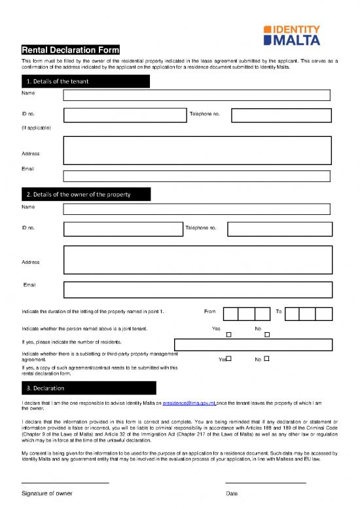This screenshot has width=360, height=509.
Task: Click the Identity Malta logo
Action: pyautogui.click(x=291, y=35)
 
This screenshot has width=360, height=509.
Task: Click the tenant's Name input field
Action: pyautogui.click(x=196, y=95)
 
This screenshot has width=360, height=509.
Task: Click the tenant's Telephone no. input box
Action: pyautogui.click(x=281, y=115)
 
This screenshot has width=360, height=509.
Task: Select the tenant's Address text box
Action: pyautogui.click(x=196, y=150)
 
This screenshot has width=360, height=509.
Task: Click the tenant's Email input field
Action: pyautogui.click(x=196, y=176)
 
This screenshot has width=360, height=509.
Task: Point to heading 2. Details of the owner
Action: pyautogui.click(x=79, y=195)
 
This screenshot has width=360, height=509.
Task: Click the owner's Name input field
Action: pyautogui.click(x=196, y=209)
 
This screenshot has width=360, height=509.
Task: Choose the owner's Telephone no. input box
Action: pyautogui.click(x=279, y=229)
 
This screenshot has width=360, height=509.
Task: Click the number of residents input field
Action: pyautogui.click(x=253, y=345)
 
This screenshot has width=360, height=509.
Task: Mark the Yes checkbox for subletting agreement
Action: pyautogui.click(x=229, y=359)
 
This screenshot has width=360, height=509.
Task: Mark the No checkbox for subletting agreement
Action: pyautogui.click(x=267, y=359)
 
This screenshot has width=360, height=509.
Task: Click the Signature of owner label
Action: pyautogui.click(x=47, y=493)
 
